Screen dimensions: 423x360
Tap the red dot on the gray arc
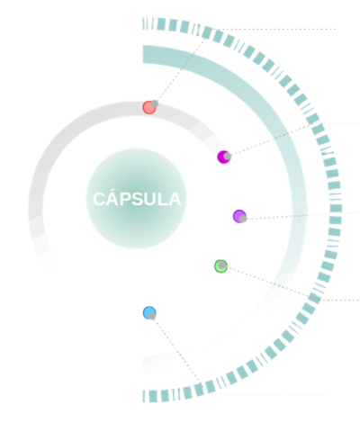coord(149,107)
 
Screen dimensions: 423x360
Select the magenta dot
coord(224,158)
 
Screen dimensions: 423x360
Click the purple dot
coord(239,216)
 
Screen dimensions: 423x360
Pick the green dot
coord(220,265)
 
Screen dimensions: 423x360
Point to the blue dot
coord(149,313)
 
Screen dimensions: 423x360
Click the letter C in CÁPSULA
coord(99,198)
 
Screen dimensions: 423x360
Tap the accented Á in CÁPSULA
coord(112,197)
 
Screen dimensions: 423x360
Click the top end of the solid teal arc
coord(147,53)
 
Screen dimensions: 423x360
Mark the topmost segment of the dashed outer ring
coord(147,22)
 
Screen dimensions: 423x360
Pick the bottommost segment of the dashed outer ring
coord(147,395)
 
